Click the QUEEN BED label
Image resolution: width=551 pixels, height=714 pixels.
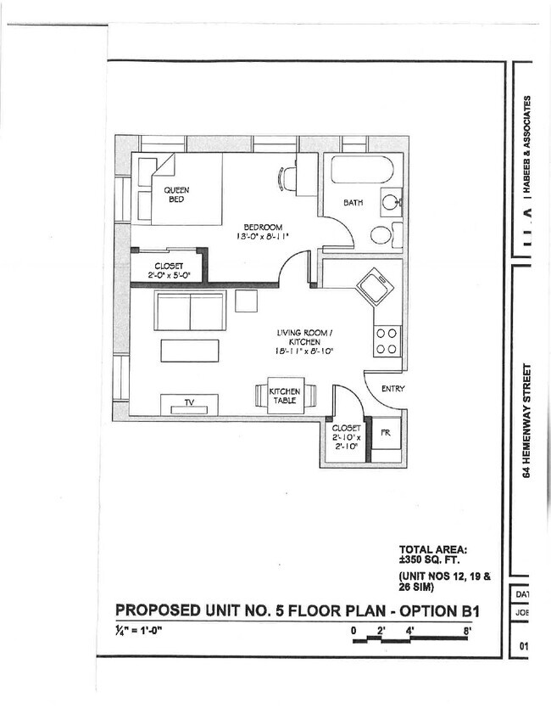[x=177, y=194]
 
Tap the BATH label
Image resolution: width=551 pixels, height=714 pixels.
[x=353, y=203]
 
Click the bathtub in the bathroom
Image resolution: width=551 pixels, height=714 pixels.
[x=362, y=170]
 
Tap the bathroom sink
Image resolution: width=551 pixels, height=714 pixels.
[x=391, y=203]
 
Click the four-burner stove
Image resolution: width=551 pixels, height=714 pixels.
[x=387, y=341]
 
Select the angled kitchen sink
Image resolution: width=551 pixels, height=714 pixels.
[x=375, y=286]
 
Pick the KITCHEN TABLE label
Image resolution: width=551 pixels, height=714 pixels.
[x=284, y=396]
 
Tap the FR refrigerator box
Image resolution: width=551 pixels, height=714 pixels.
[x=385, y=433]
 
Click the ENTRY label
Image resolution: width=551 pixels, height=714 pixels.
[x=392, y=389]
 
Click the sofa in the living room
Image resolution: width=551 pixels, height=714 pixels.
[x=190, y=311]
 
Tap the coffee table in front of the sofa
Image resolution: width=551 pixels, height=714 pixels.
[x=190, y=350]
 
